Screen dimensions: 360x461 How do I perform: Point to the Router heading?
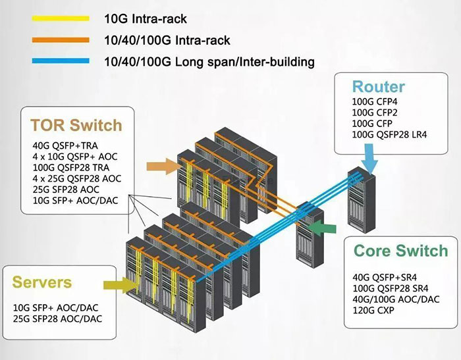379,86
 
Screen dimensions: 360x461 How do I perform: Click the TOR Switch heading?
76,125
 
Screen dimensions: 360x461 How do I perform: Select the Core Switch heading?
400,251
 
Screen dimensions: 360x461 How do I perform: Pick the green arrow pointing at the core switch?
323,227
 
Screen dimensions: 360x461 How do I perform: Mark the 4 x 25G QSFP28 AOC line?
76,178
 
